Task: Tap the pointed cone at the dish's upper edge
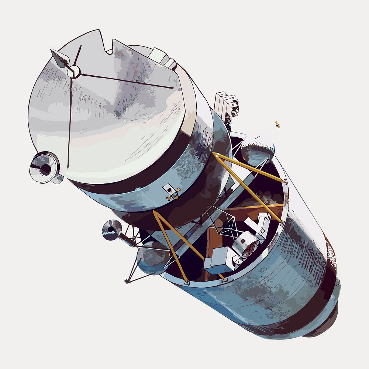(59, 58)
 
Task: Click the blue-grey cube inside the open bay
(218, 261)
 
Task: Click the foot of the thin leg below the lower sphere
(127, 282)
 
